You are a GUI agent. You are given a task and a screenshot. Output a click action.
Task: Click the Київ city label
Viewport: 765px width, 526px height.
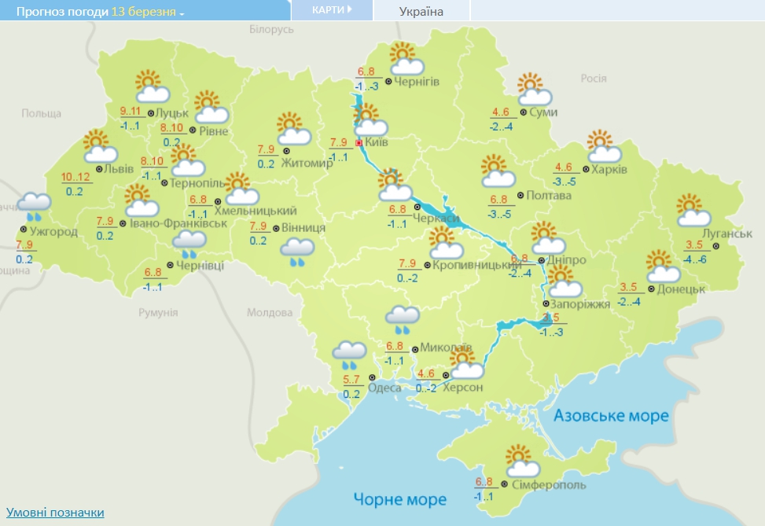377,144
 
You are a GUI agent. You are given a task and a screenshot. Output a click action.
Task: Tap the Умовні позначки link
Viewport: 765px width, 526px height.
55,513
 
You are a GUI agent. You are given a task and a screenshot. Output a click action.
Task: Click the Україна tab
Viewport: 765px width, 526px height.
421,11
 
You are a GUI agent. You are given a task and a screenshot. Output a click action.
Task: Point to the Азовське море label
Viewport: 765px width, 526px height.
610,415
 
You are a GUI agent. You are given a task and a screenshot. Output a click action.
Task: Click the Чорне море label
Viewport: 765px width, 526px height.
399,499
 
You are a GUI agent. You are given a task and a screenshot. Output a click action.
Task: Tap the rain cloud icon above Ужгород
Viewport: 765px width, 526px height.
35,206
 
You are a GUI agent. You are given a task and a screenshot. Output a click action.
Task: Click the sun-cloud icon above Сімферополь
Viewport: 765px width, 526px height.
522,462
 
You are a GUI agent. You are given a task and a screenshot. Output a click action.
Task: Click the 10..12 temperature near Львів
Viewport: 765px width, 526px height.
75,176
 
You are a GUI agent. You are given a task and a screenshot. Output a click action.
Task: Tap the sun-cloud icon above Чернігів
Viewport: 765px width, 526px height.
406,59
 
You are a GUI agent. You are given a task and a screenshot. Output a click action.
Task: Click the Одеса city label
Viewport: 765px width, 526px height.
384,388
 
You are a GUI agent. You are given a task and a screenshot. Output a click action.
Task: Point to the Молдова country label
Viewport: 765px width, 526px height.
269,312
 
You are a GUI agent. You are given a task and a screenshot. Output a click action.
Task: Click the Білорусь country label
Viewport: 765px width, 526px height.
271,28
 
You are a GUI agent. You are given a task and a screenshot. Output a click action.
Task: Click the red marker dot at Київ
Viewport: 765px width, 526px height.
359,144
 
